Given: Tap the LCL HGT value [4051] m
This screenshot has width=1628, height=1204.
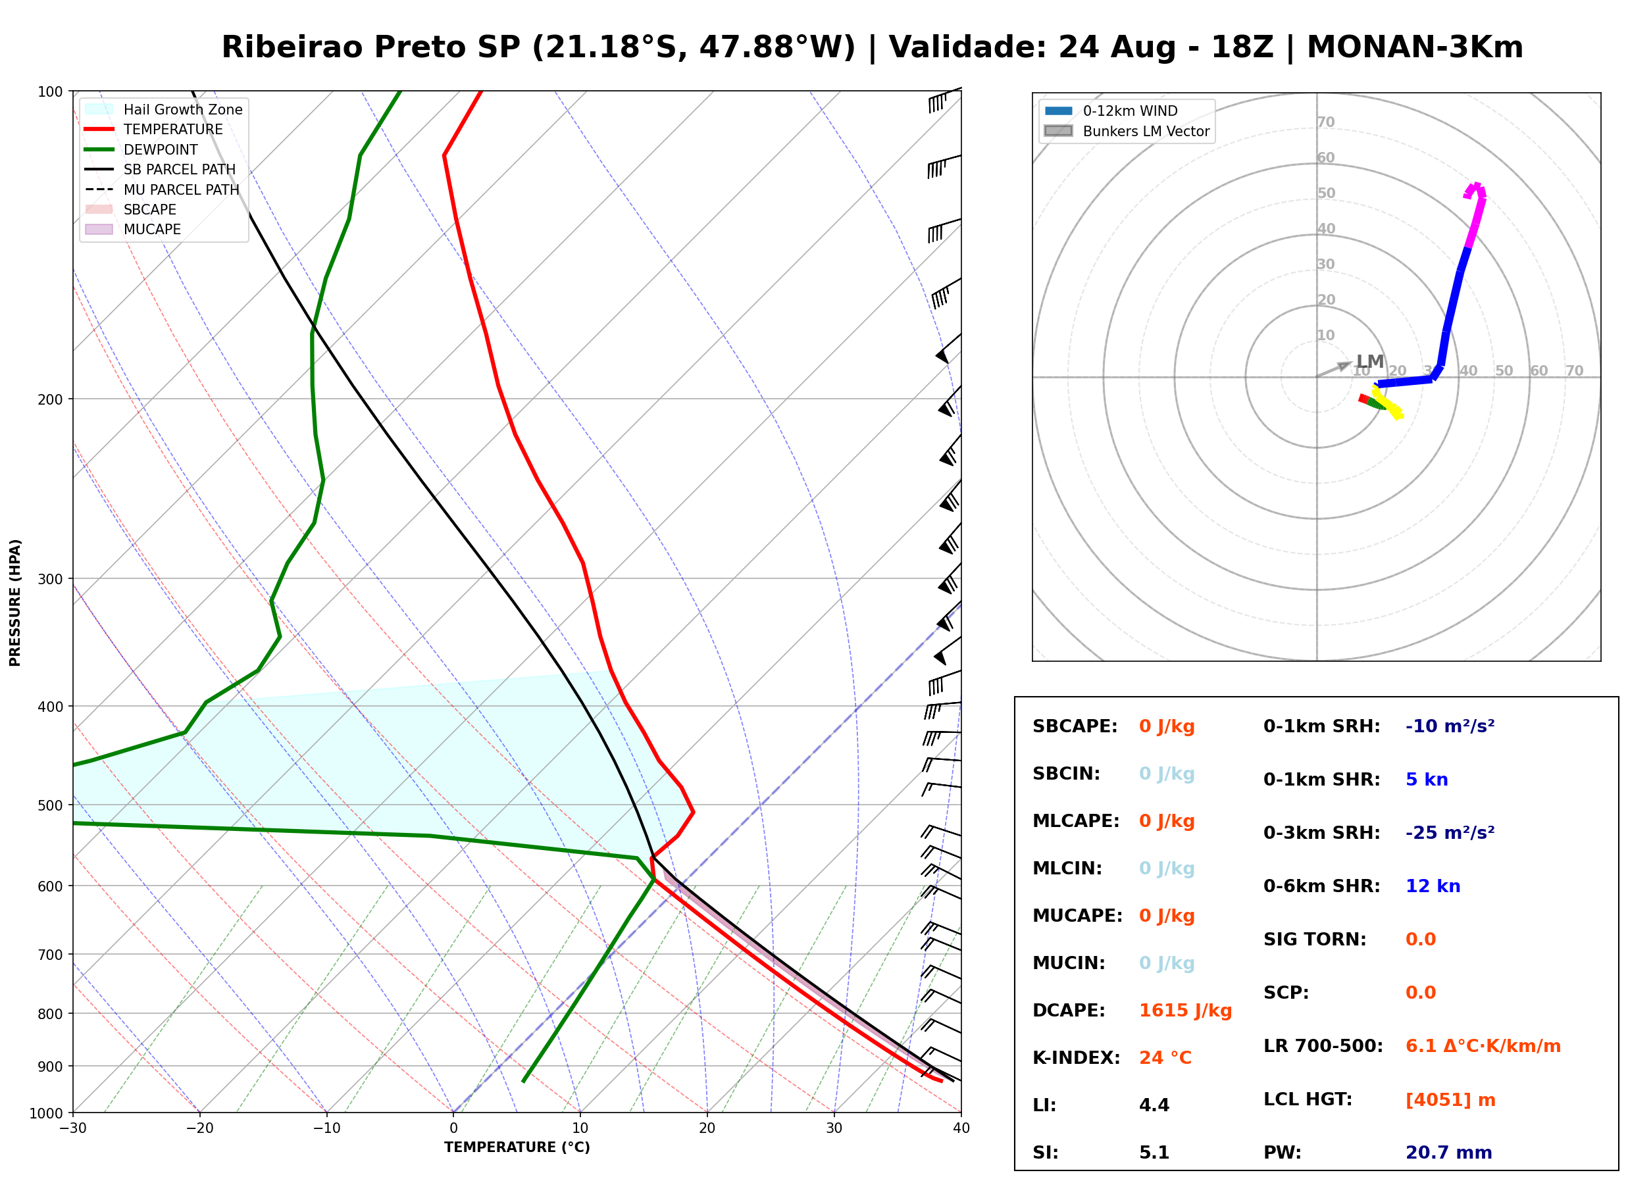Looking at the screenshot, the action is tap(1450, 1101).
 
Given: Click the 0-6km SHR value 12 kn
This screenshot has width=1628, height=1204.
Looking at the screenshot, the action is tap(1433, 887).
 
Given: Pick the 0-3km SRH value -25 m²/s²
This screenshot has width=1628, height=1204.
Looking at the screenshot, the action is tap(1450, 833).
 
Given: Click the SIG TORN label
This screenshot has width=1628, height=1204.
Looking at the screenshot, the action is tap(1315, 940).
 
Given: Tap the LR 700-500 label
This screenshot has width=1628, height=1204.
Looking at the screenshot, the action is tap(1323, 1047).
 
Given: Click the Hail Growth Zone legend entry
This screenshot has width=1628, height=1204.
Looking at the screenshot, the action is tap(163, 109).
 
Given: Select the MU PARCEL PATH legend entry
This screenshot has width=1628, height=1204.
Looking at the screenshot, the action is tap(162, 189).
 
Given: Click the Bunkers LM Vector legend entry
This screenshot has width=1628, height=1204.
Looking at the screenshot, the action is tap(1127, 131).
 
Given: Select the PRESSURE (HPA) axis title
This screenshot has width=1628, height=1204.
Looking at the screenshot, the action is tap(14, 603).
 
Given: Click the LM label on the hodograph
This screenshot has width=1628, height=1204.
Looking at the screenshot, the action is tap(1370, 361).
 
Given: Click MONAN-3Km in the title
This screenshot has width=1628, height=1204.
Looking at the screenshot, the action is tap(1415, 47).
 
